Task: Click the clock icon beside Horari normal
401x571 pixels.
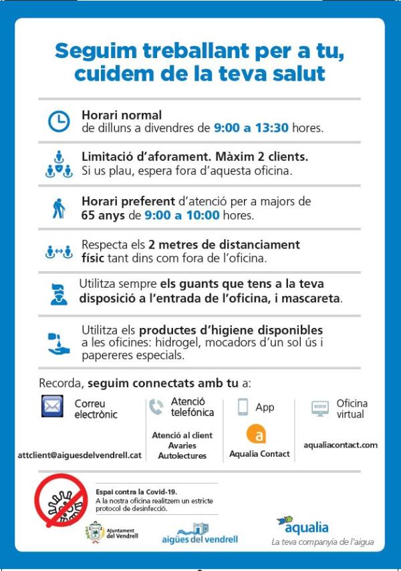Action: point(59,121)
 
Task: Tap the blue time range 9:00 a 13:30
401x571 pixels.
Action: point(251,128)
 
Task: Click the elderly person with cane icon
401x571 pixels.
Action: point(59,208)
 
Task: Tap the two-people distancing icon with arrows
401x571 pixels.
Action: point(59,252)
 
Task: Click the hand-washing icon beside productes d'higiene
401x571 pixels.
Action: point(59,343)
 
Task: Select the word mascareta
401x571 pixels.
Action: point(311,298)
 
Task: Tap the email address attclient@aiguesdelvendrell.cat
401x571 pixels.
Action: point(80,455)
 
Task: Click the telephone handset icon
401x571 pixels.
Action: point(156,407)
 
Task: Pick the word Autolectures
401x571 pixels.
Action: point(182,456)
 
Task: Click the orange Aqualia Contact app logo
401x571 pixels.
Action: point(257,434)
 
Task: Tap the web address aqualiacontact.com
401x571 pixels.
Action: point(340,445)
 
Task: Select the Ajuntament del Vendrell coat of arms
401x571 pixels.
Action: point(94,532)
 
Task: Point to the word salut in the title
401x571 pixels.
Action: point(295,73)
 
